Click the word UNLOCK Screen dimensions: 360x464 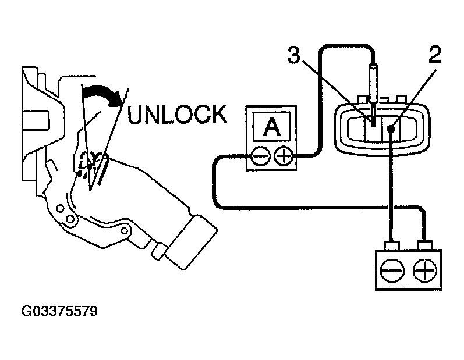(x=177, y=114)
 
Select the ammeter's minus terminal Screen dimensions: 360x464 (x=260, y=156)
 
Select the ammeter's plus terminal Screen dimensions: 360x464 (x=284, y=156)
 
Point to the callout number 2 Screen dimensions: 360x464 (x=434, y=56)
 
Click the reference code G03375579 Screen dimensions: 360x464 (x=59, y=312)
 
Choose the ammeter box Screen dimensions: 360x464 (x=272, y=138)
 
